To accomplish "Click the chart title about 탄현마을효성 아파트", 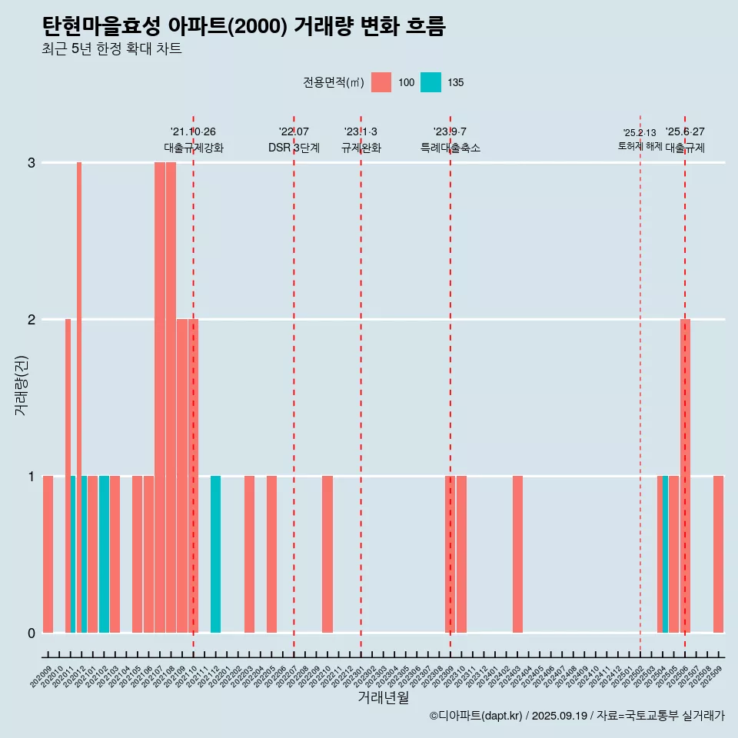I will [x=244, y=26].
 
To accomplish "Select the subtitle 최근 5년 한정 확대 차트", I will [x=111, y=50].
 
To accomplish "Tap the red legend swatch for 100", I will [x=381, y=82].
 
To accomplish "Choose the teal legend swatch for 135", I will [x=430, y=82].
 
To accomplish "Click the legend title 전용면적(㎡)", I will [x=333, y=82].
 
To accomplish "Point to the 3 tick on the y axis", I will [x=32, y=163].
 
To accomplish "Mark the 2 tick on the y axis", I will [x=32, y=320].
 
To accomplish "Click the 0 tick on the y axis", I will [x=32, y=633].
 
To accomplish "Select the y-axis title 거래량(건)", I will [x=22, y=384].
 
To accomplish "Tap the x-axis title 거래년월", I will [x=383, y=697].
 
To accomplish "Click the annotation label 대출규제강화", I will [x=194, y=148].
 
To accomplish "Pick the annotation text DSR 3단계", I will [x=294, y=148].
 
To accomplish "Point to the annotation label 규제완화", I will [x=361, y=148].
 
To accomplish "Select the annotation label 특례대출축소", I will [x=450, y=148].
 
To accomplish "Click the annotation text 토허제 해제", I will [x=640, y=145].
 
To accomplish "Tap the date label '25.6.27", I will [x=685, y=132].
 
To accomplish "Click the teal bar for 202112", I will [x=216, y=554].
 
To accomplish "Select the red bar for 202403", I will [x=517, y=554].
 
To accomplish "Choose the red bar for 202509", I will [x=718, y=554].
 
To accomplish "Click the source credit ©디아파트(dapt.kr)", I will [x=476, y=716].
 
